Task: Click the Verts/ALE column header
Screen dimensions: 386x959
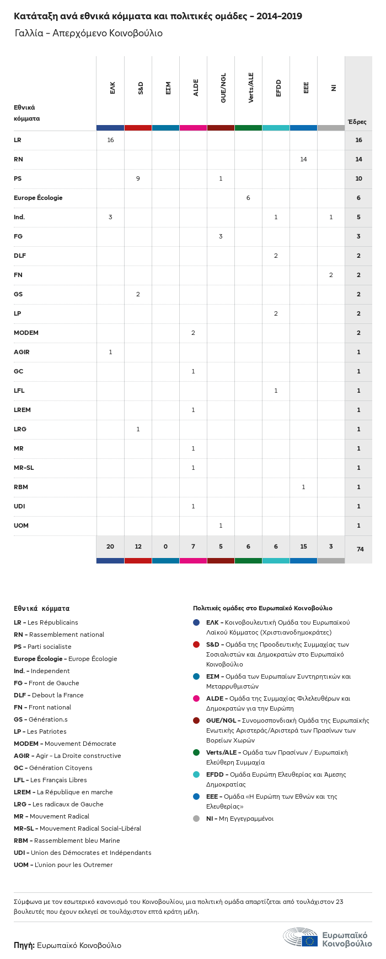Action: [x=251, y=88]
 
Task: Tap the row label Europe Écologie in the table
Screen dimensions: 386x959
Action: [x=38, y=198]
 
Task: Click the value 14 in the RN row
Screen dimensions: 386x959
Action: [x=303, y=159]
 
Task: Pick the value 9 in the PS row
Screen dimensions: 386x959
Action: [x=138, y=178]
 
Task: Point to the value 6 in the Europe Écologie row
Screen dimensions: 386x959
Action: [x=248, y=198]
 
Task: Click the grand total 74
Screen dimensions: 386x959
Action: [x=360, y=549]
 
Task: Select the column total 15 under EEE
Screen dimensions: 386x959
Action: [x=303, y=546]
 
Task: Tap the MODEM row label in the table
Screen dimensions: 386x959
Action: [x=26, y=333]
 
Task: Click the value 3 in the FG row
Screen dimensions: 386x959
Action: [x=221, y=236]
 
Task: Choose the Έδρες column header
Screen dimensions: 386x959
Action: [x=357, y=122]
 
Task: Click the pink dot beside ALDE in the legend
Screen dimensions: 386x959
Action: [x=196, y=698]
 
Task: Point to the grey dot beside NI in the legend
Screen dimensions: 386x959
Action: [x=196, y=819]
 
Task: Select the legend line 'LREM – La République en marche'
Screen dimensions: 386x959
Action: [x=63, y=792]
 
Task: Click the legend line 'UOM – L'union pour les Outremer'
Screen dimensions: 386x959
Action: [x=63, y=865]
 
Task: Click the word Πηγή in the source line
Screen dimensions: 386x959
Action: [x=24, y=945]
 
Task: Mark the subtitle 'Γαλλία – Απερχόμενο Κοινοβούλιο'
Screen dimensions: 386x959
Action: [x=89, y=33]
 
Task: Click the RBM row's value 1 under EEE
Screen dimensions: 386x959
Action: [x=303, y=487]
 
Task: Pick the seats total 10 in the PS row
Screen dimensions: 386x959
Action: [x=358, y=178]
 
